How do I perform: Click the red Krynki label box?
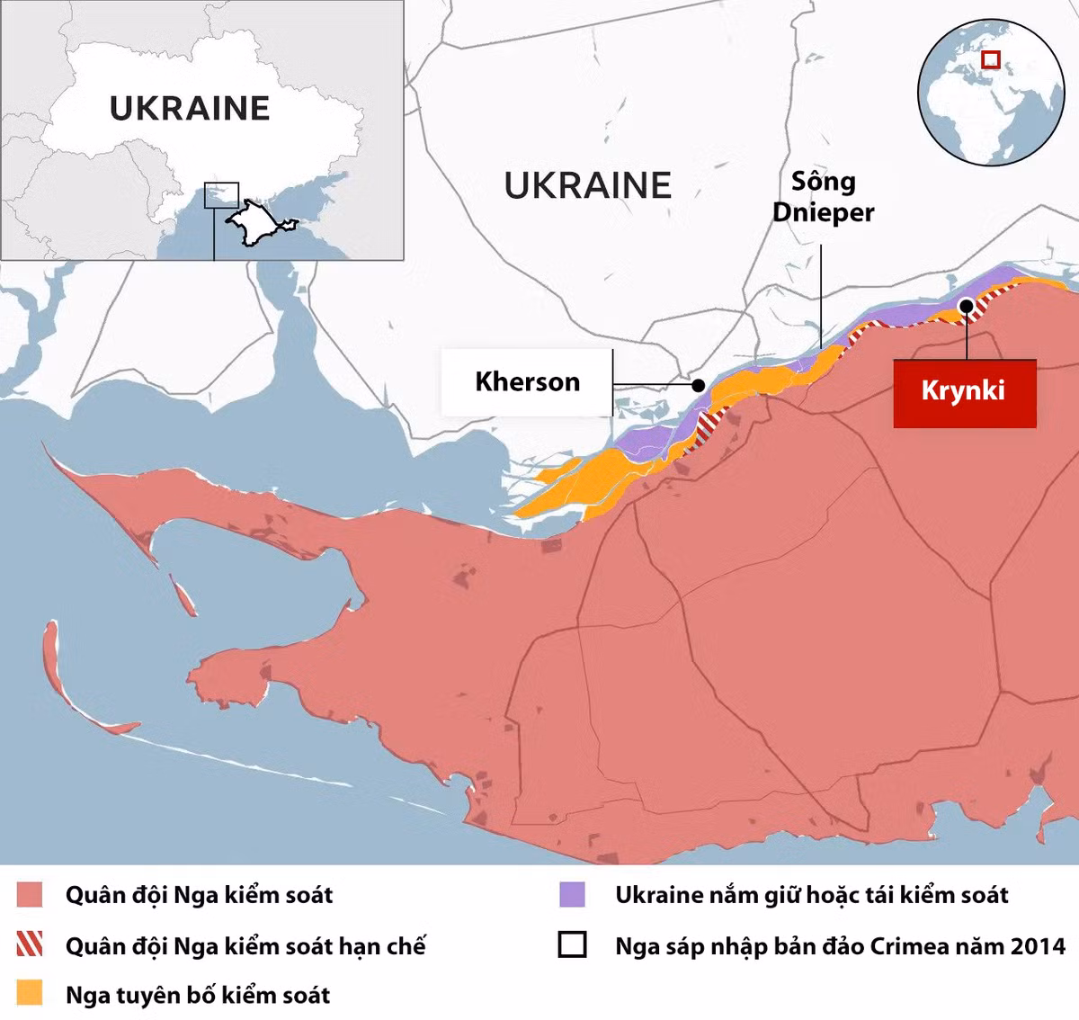pos(964,392)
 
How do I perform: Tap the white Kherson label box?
pos(527,382)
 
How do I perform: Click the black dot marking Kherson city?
pos(699,385)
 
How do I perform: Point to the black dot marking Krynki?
pos(966,306)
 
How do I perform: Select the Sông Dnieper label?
pos(823,197)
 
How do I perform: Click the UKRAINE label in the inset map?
pos(190,109)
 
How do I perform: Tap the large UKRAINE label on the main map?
pos(587,186)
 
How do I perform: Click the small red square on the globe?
pos(991,60)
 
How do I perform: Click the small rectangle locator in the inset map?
pos(221,195)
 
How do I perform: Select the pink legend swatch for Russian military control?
pos(30,895)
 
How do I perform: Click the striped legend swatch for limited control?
pos(30,944)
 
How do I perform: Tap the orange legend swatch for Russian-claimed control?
pos(30,993)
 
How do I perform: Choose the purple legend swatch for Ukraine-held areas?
pos(572,895)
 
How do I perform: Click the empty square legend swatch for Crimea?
pos(572,945)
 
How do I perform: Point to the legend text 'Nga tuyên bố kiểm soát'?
pos(198,995)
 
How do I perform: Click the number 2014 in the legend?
pos(1038,946)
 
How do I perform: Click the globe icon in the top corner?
pos(991,93)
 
